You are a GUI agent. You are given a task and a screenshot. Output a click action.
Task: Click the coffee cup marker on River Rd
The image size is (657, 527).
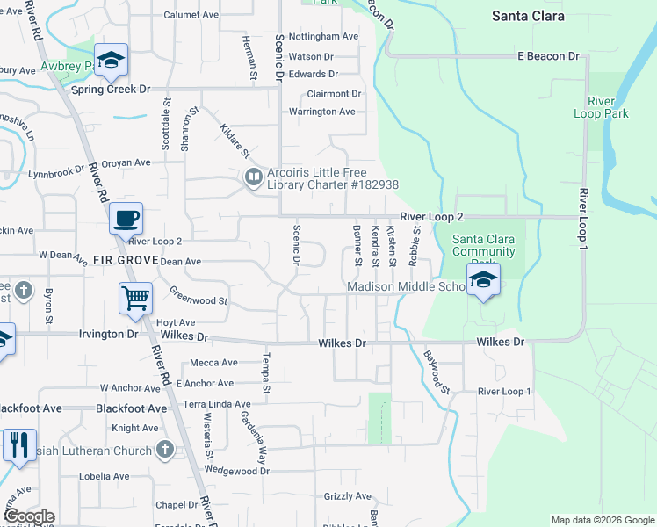[126, 218]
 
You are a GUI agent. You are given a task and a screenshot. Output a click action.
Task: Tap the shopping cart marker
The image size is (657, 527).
[136, 299]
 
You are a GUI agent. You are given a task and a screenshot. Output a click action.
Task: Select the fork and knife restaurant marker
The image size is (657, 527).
[18, 445]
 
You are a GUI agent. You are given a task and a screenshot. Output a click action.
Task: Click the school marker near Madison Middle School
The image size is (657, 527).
[483, 279]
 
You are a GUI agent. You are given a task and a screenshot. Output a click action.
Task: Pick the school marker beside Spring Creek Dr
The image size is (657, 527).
[111, 60]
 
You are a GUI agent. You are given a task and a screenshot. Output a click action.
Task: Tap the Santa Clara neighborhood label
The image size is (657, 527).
[528, 16]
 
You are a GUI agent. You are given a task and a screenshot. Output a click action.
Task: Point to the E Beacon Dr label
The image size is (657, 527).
[549, 56]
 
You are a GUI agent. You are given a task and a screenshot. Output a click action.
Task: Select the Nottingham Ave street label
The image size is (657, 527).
[324, 37]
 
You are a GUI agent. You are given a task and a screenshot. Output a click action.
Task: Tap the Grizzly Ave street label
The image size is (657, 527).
[349, 496]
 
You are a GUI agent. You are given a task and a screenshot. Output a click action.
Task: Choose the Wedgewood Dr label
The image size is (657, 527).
[236, 471]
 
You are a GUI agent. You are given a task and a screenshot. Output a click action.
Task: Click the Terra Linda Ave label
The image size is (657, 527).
[217, 403]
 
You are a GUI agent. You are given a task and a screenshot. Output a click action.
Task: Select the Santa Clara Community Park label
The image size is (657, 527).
[484, 245]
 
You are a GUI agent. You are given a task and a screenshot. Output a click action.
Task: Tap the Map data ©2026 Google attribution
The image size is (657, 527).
[603, 520]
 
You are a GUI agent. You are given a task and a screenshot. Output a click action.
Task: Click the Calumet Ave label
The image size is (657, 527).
[189, 15]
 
